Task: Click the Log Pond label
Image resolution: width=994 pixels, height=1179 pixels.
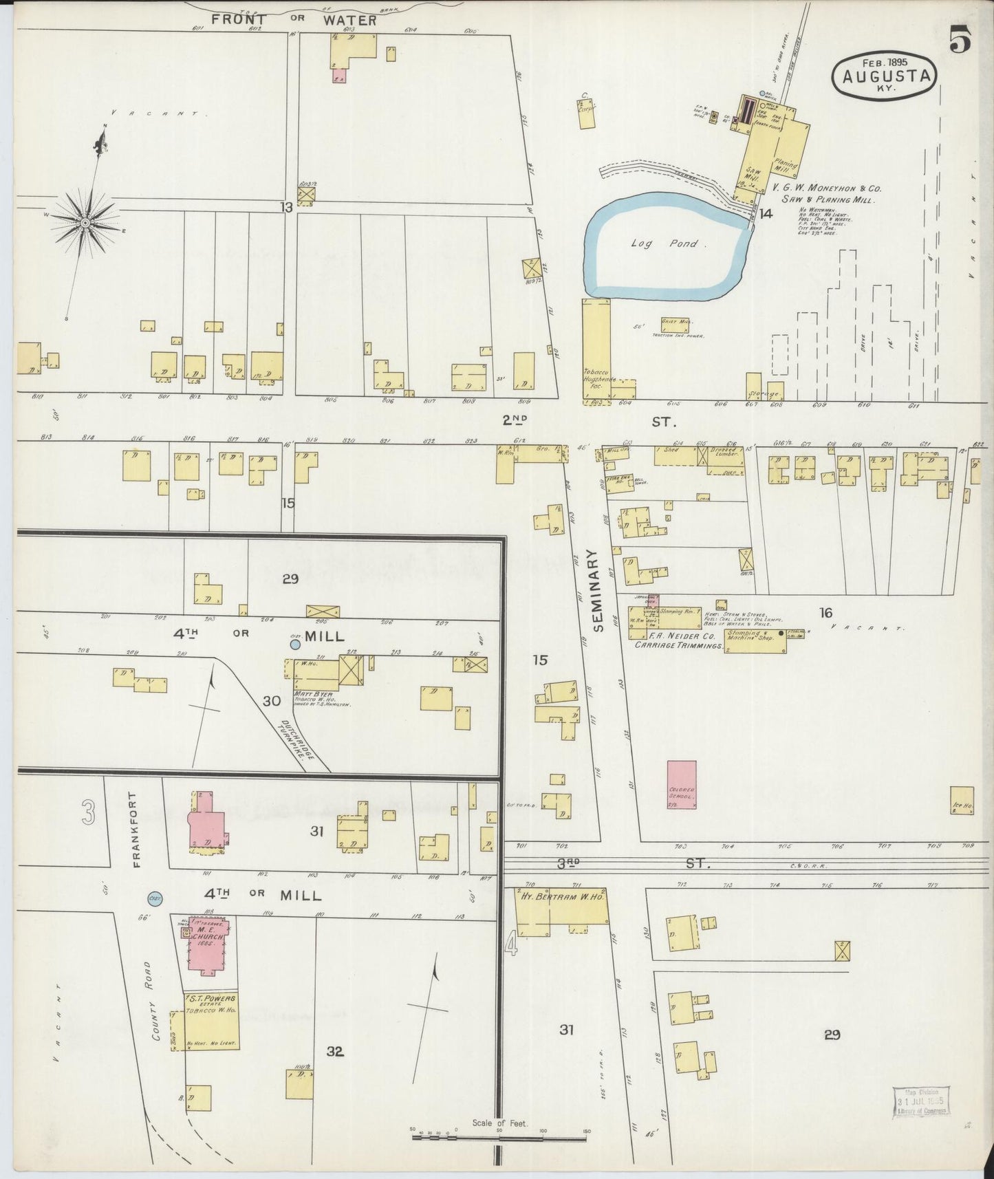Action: pos(665,244)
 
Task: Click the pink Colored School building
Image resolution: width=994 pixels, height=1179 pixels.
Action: pos(682,784)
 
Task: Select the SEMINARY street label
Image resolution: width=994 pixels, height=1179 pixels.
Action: pos(597,598)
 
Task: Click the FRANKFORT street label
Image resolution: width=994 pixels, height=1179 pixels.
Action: pos(136,829)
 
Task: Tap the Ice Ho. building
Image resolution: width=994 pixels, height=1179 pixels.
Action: pos(962,800)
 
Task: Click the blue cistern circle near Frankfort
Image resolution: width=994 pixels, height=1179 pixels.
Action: pos(154,898)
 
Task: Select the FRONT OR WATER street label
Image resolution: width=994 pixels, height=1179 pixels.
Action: pos(294,20)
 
